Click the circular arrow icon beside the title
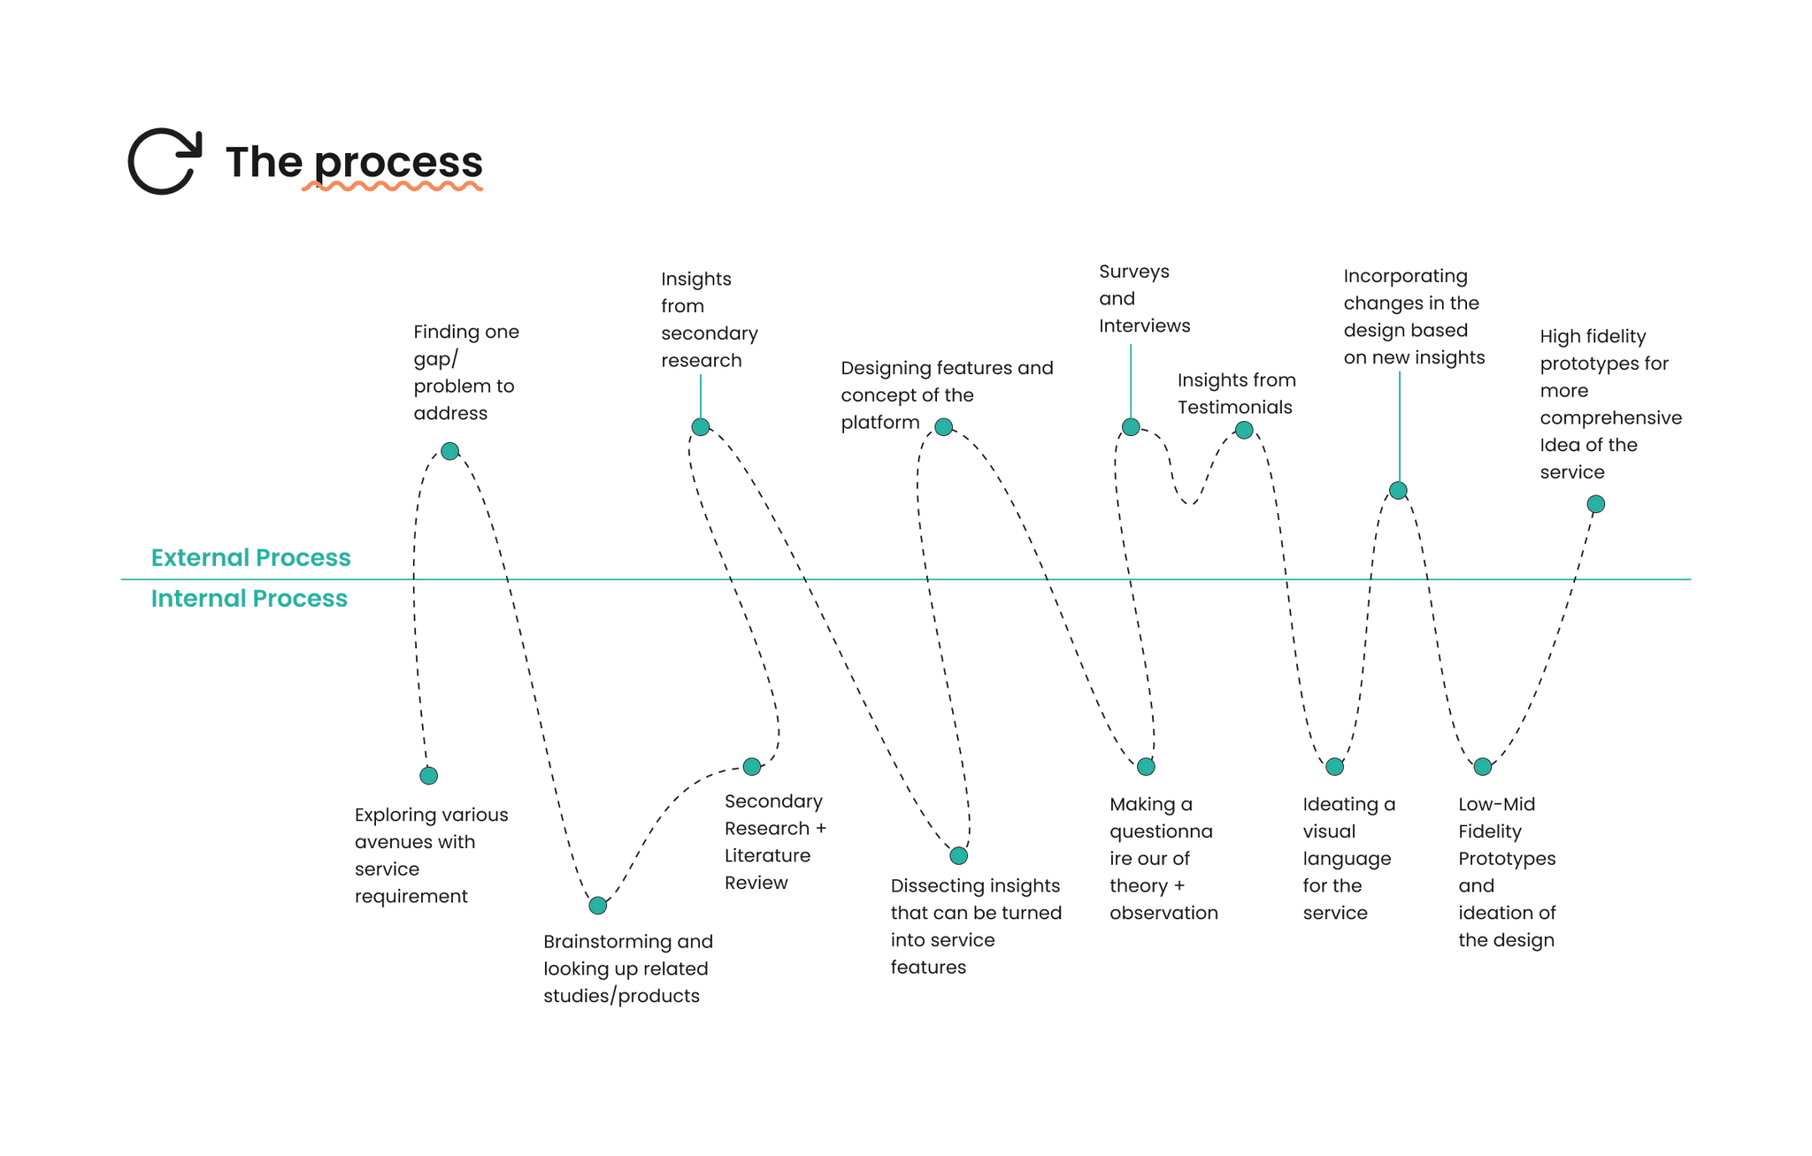click(165, 161)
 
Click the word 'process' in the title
click(398, 163)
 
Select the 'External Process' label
click(250, 558)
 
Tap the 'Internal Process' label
click(249, 599)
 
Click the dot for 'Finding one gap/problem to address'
click(449, 451)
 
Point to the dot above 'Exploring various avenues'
click(428, 776)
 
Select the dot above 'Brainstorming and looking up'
click(598, 905)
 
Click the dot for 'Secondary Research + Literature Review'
click(751, 767)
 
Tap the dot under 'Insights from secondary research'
click(701, 427)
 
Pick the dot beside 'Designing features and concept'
click(943, 427)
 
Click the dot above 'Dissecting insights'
click(958, 855)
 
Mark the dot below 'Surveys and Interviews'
click(1131, 427)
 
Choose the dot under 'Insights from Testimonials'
click(1244, 430)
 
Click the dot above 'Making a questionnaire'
click(1146, 767)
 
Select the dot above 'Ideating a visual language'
click(1334, 767)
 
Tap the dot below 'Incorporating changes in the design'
click(1398, 490)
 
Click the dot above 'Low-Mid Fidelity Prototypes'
click(1483, 767)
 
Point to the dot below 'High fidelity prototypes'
click(1596, 504)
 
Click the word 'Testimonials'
click(1234, 408)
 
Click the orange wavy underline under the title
click(392, 187)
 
